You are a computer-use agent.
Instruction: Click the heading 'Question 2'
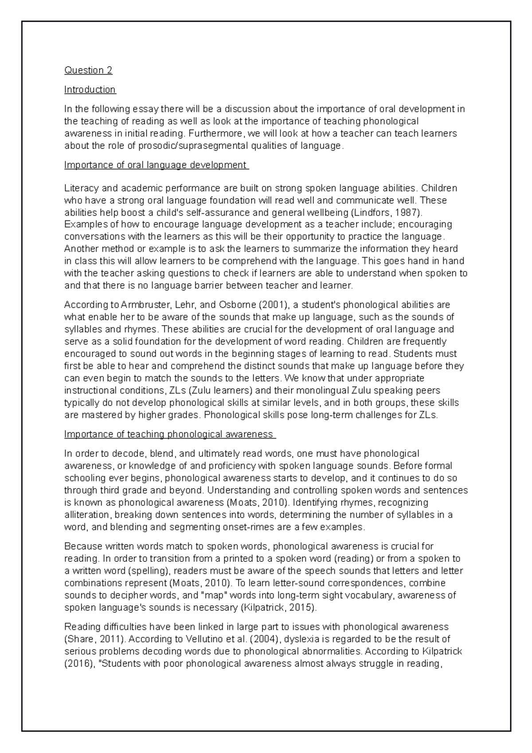pyautogui.click(x=88, y=70)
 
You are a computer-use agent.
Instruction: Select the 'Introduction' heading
pyautogui.click(x=90, y=90)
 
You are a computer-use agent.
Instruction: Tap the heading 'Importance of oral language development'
pyautogui.click(x=156, y=165)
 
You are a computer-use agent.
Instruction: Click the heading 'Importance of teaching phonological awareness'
pyautogui.click(x=170, y=434)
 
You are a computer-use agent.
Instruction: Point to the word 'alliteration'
pyautogui.click(x=86, y=515)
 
